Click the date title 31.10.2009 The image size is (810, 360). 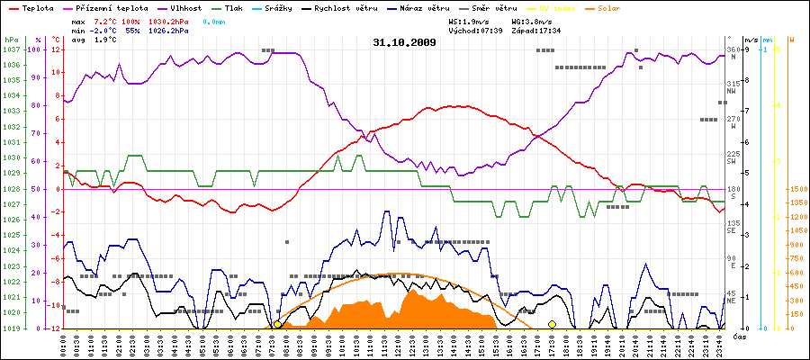[404, 41]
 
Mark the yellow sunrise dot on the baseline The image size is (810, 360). [277, 324]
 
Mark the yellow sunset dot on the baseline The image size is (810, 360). [552, 324]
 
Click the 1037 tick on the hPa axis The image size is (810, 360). [11, 49]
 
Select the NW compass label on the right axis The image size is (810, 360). [732, 92]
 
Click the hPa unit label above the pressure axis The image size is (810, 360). [11, 40]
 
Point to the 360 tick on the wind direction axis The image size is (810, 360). [733, 49]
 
